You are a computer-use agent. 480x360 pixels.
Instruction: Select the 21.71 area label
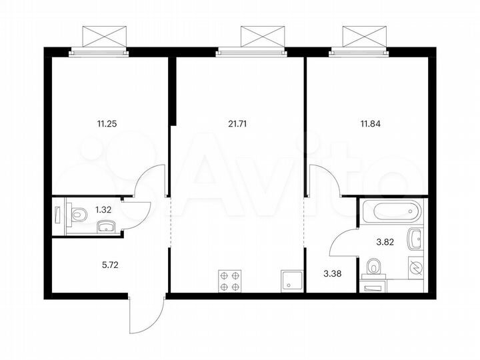237,123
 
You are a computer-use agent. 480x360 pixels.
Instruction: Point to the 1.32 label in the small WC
103,209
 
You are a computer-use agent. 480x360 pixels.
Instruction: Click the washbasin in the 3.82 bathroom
415,236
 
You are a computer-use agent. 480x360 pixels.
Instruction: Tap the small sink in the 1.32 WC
105,227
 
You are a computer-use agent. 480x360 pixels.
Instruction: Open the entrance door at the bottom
145,317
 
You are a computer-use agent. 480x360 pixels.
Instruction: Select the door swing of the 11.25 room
151,181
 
